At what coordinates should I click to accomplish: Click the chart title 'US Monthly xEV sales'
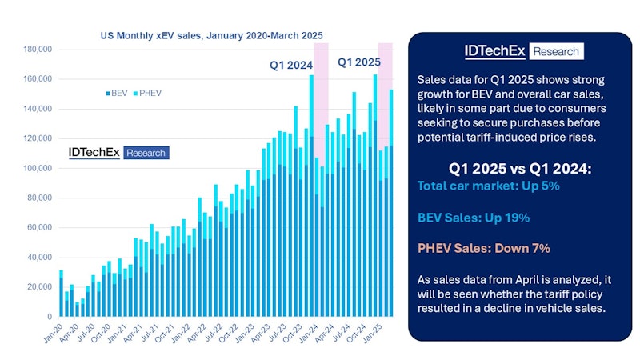tap(211, 36)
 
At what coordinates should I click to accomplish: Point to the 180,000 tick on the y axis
tap(35, 50)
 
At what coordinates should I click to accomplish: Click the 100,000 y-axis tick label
tap(35, 169)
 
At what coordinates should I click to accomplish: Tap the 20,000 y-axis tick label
tap(38, 287)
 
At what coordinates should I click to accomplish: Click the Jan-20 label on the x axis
tap(53, 332)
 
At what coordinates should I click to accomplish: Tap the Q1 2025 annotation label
tap(358, 62)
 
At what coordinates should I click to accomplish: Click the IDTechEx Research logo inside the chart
tap(118, 152)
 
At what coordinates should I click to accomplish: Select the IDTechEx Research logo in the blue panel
tap(524, 51)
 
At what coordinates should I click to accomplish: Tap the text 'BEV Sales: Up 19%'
tap(473, 217)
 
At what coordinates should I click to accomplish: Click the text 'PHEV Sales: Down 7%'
tap(483, 248)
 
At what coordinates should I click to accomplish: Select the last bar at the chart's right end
tap(391, 208)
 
